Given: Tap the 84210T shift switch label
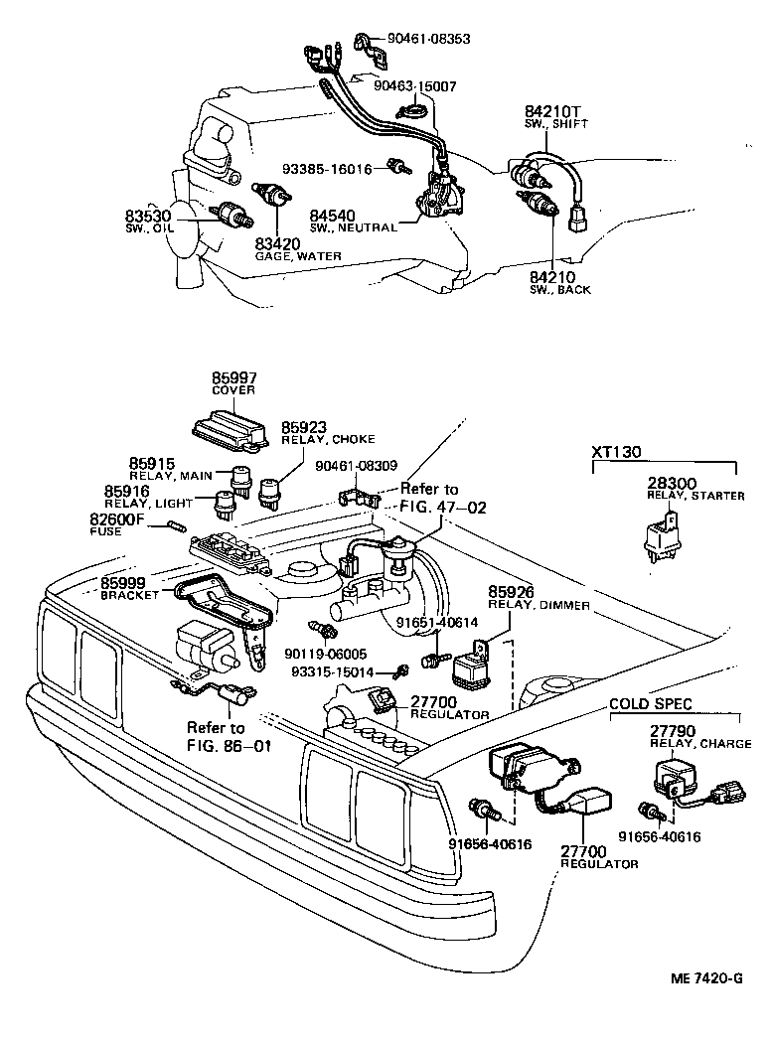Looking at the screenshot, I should [550, 110].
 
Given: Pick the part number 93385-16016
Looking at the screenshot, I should [326, 169].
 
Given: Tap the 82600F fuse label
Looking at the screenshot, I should [118, 519].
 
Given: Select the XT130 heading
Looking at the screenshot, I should [616, 452].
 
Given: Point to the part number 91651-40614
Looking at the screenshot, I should [437, 623].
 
